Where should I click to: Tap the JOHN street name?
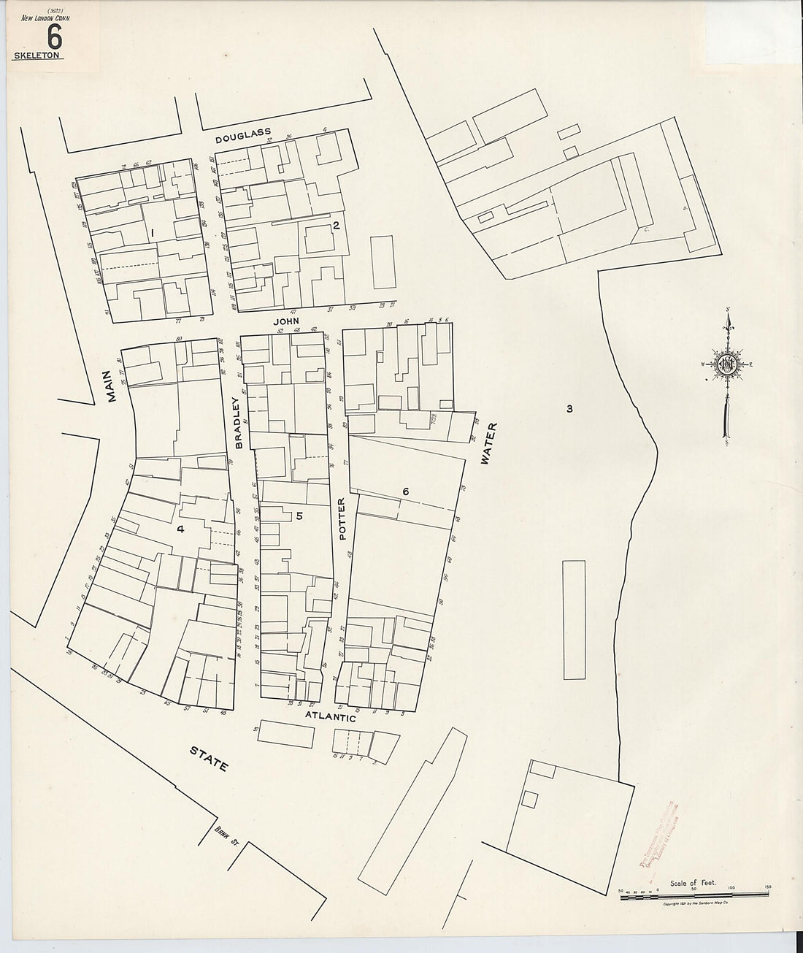tap(286, 321)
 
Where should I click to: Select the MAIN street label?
tap(111, 386)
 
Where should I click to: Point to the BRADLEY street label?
tap(238, 422)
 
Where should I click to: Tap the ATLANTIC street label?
tap(329, 718)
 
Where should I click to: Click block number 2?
tap(336, 225)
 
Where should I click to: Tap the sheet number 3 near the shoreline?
tap(569, 409)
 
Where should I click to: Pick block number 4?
tap(180, 529)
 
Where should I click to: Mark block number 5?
tap(299, 516)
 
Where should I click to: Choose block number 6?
tap(406, 492)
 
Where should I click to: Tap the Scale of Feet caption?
tap(694, 883)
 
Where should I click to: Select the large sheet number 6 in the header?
tap(53, 36)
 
